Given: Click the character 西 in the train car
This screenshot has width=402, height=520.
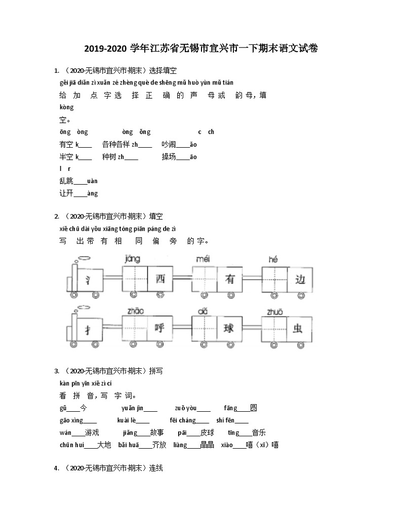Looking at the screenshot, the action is (x=160, y=279).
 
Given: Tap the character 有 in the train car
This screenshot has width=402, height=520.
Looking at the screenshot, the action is (x=230, y=279).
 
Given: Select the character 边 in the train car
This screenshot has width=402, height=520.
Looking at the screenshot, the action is (x=300, y=279).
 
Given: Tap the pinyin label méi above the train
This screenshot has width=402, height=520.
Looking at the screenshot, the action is (x=203, y=259).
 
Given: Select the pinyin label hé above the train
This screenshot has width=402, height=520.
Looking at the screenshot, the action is (x=273, y=259).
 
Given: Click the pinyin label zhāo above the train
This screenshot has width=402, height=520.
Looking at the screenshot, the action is (x=135, y=311).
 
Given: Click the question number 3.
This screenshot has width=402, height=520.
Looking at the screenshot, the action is (x=57, y=371).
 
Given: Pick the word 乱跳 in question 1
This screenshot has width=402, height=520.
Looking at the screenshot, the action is (x=66, y=181).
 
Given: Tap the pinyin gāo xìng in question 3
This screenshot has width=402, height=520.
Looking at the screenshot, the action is (x=70, y=420).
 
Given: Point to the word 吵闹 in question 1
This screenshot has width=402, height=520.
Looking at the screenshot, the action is (x=169, y=144).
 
